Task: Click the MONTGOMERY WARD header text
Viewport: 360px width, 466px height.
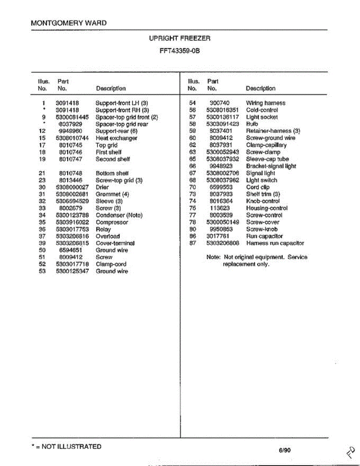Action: (x=68, y=23)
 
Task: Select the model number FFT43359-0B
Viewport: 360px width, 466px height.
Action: (x=179, y=50)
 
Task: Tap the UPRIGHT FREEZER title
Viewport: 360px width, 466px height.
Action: (x=179, y=38)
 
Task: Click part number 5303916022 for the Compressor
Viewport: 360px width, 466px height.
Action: (x=72, y=222)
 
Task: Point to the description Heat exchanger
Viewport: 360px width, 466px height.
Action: (x=116, y=138)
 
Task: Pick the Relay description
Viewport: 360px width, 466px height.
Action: (x=103, y=229)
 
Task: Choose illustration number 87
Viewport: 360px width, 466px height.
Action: (x=192, y=243)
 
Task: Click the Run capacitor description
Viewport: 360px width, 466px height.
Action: (x=264, y=236)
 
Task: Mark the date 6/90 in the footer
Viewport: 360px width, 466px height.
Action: (x=284, y=450)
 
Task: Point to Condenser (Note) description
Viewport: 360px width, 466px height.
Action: (x=119, y=215)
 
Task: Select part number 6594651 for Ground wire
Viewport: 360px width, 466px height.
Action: (x=71, y=250)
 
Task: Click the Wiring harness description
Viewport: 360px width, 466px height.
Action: (x=266, y=103)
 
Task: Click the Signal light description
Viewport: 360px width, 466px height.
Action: (x=260, y=173)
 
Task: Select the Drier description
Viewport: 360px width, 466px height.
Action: (x=102, y=187)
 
